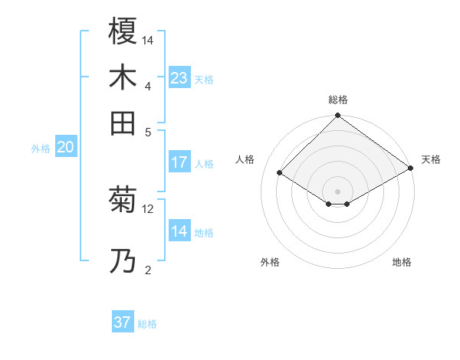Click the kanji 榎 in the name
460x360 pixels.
pyautogui.click(x=123, y=32)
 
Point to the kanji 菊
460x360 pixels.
pyautogui.click(x=123, y=201)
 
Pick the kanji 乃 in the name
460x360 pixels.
pyautogui.click(x=123, y=261)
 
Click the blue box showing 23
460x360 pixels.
pyautogui.click(x=179, y=78)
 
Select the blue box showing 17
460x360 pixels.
pyautogui.click(x=179, y=162)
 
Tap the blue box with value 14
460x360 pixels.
pyautogui.click(x=179, y=231)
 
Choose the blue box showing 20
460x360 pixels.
pyautogui.click(x=65, y=148)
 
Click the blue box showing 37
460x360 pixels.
pyautogui.click(x=123, y=322)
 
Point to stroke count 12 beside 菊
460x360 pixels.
pyautogui.click(x=148, y=208)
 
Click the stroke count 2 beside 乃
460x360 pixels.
pyautogui.click(x=148, y=270)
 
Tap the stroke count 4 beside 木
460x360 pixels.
pyautogui.click(x=148, y=85)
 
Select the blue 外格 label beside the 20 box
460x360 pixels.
pyautogui.click(x=41, y=149)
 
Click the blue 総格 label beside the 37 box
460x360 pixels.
pyautogui.click(x=147, y=324)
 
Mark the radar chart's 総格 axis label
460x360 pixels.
pyautogui.click(x=337, y=100)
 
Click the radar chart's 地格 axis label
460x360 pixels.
pyautogui.click(x=402, y=262)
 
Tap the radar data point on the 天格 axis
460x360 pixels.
pyautogui.click(x=412, y=169)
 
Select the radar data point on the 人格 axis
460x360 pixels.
pyautogui.click(x=280, y=173)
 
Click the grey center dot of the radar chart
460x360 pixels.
pyautogui.click(x=337, y=191)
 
